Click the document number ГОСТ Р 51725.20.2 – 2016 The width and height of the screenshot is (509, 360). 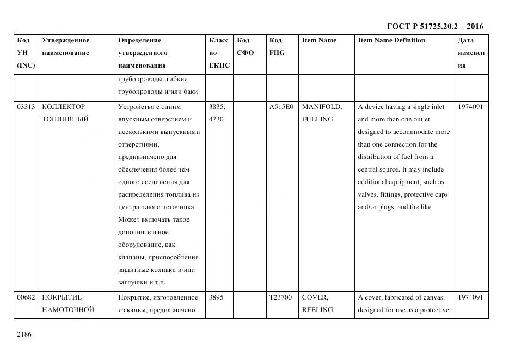pyautogui.click(x=434, y=26)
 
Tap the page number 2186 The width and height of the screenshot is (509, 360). pyautogui.click(x=25, y=334)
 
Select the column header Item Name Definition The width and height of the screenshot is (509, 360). pyautogui.click(x=391, y=40)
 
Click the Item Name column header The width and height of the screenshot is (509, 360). pyautogui.click(x=319, y=40)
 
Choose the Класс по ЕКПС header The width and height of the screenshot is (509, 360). pyautogui.click(x=219, y=53)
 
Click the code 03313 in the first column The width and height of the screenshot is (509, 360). pyautogui.click(x=26, y=107)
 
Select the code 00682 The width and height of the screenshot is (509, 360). pyautogui.click(x=26, y=297)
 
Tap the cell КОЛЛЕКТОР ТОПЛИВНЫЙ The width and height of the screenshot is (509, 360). pyautogui.click(x=65, y=113)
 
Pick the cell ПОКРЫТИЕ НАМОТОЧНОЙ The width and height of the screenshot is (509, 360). pyautogui.click(x=68, y=303)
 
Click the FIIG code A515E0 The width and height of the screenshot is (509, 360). pyautogui.click(x=281, y=107)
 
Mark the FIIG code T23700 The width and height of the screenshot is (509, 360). pyautogui.click(x=280, y=297)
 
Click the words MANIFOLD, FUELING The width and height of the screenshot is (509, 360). pyautogui.click(x=322, y=113)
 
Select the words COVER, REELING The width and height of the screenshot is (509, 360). pyautogui.click(x=317, y=303)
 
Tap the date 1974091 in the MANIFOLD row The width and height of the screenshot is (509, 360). pyautogui.click(x=470, y=107)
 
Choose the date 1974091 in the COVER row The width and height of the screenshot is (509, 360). pyautogui.click(x=470, y=297)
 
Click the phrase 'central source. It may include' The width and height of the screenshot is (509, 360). pyautogui.click(x=401, y=169)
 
